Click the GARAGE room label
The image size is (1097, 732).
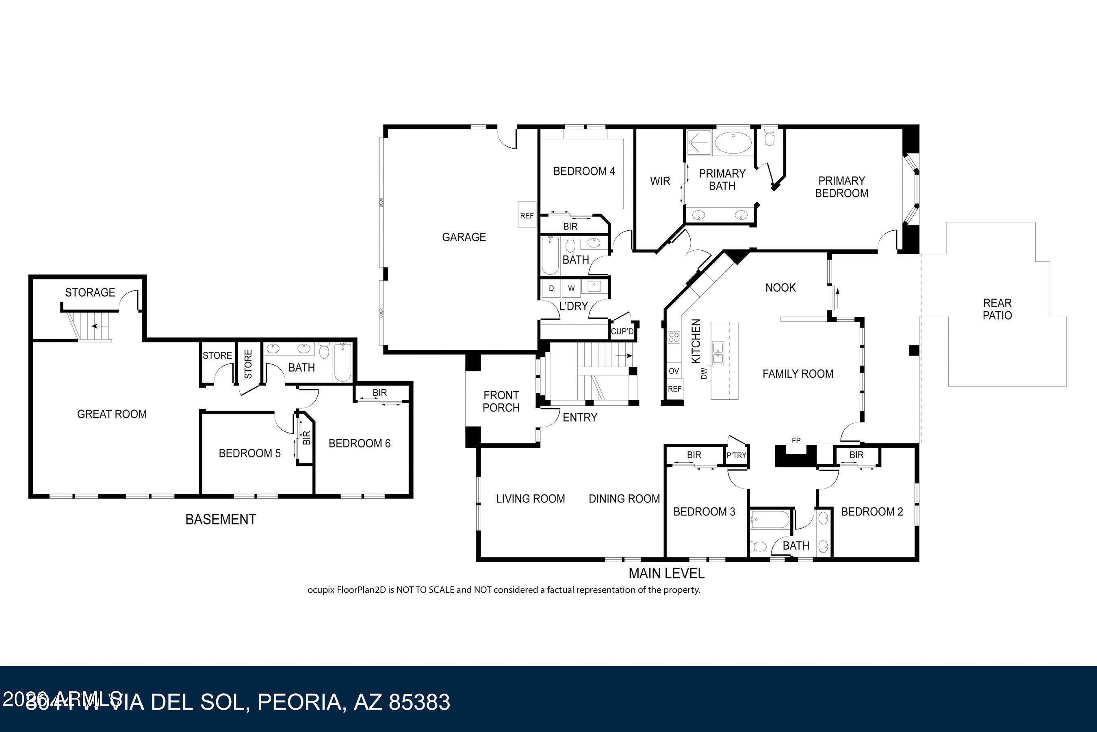464,237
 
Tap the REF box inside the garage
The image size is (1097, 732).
527,215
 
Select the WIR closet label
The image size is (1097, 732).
659,181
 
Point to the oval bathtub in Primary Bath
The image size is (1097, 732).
733,143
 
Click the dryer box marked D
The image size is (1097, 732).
551,288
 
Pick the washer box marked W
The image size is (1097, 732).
571,288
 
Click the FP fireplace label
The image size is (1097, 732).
796,440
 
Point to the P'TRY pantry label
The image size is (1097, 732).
736,455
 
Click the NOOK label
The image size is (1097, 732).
780,288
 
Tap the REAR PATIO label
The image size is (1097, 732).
997,309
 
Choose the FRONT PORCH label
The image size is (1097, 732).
501,401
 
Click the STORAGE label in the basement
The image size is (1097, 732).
90,293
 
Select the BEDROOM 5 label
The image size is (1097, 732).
249,453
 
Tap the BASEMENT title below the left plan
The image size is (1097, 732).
220,520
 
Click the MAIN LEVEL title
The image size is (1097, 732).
666,573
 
